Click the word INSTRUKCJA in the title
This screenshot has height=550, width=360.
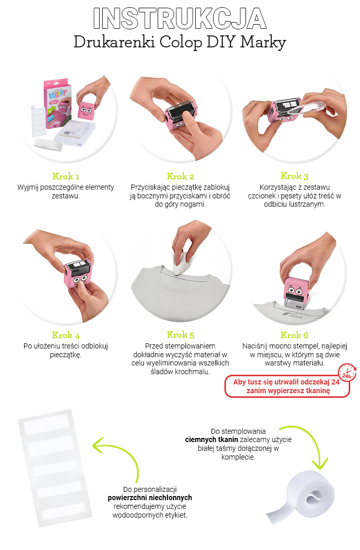(x=180, y=18)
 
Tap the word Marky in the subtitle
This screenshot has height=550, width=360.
(x=263, y=43)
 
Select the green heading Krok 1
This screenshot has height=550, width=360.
(x=66, y=176)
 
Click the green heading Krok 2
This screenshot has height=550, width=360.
(x=180, y=176)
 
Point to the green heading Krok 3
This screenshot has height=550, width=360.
(x=294, y=176)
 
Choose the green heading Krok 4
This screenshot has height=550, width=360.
(x=66, y=335)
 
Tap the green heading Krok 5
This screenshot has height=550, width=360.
(x=180, y=335)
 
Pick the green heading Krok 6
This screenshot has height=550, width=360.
(x=294, y=335)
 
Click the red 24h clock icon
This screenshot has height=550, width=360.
(x=347, y=373)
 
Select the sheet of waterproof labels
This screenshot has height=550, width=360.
(x=54, y=468)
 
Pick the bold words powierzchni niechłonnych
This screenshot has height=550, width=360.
(x=149, y=498)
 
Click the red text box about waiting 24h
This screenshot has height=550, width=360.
(x=287, y=386)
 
